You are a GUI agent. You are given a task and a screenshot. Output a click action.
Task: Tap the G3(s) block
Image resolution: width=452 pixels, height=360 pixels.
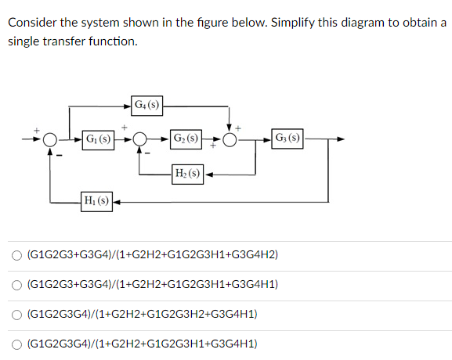coord(287,139)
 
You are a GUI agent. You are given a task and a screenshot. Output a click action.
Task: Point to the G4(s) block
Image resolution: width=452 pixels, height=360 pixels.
coord(146,104)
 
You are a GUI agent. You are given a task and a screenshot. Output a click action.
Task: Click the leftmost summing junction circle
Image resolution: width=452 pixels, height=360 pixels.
coord(51,140)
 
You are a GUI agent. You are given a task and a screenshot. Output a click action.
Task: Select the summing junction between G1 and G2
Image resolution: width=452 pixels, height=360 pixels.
coord(140,140)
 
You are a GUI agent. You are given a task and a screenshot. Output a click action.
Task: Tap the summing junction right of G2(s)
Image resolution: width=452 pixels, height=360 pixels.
coord(230,140)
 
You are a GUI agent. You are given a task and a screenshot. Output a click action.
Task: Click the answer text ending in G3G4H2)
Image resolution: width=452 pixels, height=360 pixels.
coord(152,255)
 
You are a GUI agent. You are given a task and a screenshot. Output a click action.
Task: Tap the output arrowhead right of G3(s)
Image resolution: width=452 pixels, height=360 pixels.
coord(341,140)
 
